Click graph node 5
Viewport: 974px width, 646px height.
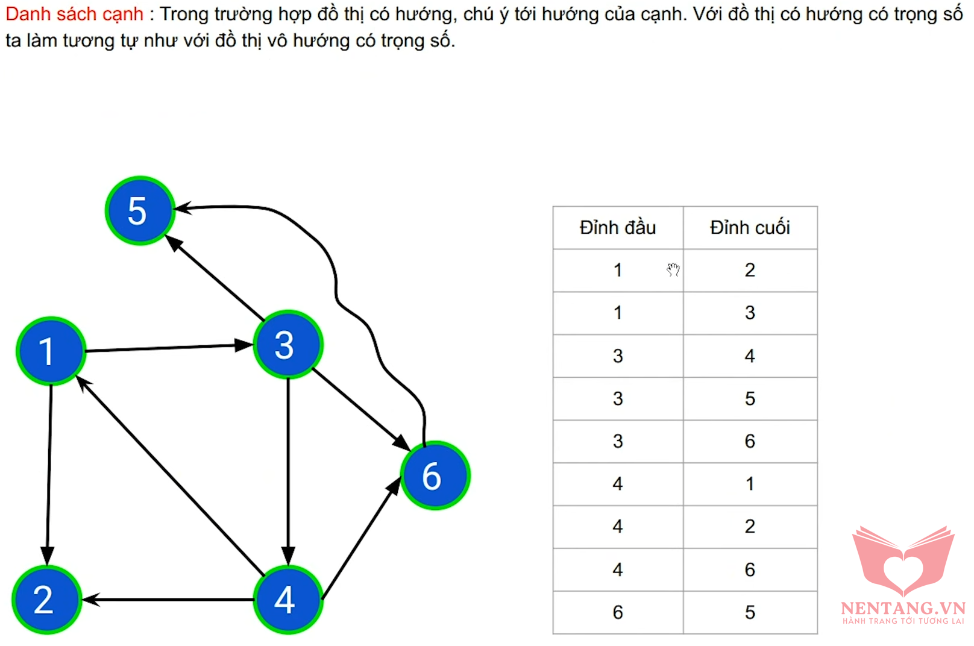(140, 211)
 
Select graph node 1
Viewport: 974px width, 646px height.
(51, 351)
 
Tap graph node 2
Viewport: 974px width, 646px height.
(46, 600)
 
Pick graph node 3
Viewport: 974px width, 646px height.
(288, 345)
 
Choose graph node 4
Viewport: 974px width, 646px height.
(288, 600)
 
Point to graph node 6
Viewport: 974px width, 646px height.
(435, 475)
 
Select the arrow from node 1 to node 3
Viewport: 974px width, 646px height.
(169, 348)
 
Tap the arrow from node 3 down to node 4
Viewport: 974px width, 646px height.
(288, 472)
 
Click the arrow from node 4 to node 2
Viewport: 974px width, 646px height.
(168, 600)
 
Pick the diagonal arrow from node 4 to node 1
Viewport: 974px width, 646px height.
(170, 476)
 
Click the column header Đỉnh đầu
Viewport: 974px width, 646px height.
(617, 228)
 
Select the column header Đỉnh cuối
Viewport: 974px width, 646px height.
(750, 228)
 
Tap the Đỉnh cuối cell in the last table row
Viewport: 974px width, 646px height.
(750, 612)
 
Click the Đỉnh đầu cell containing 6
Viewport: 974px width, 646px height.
(618, 612)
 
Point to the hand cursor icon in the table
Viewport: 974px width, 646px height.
(673, 269)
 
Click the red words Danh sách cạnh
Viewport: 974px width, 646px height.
(74, 14)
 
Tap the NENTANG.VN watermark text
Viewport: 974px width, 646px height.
(903, 608)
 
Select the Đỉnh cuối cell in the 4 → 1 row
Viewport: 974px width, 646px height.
(750, 484)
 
